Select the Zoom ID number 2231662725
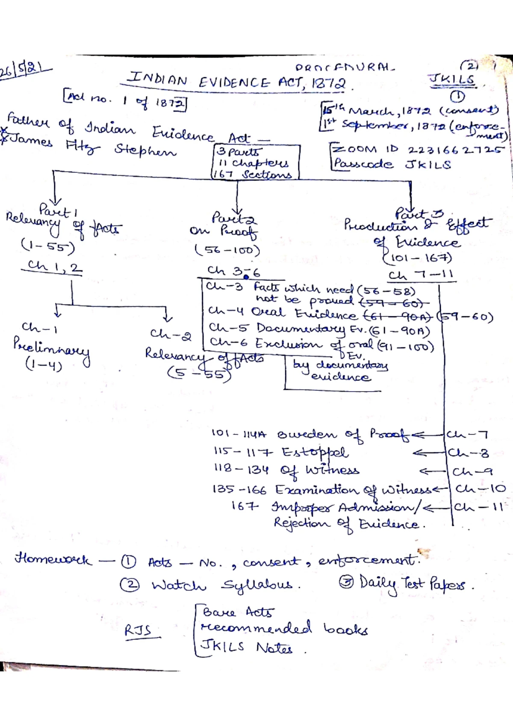456,150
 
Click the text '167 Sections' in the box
255,174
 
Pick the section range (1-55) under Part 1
47,246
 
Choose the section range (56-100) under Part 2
227,250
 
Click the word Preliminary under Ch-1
51,348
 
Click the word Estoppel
315,452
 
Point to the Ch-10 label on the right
480,488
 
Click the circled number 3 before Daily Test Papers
345,582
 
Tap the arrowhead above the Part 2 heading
237,205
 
